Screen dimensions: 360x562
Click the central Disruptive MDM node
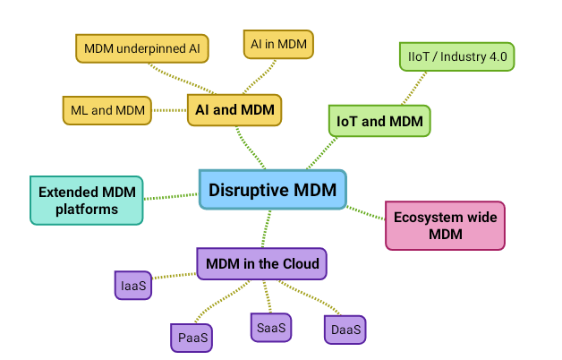coord(272,189)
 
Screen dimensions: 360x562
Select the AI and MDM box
coord(234,110)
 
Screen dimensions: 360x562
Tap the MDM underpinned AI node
coord(141,47)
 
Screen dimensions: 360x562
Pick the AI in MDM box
coord(277,44)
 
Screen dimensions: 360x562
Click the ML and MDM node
coord(106,110)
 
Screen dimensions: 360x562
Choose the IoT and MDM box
coord(379,120)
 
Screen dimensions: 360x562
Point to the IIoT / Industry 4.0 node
coord(456,56)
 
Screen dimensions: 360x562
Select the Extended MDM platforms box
coord(86,200)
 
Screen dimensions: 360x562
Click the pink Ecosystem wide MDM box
coord(445,225)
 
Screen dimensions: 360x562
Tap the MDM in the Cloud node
coord(261,263)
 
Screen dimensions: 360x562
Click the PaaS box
coord(191,338)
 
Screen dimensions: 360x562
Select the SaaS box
coord(270,328)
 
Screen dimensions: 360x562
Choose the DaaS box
coord(345,330)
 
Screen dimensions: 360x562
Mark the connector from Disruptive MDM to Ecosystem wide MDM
coord(365,212)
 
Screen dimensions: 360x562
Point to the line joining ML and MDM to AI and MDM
coord(169,110)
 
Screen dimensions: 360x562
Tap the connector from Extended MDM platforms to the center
coord(170,195)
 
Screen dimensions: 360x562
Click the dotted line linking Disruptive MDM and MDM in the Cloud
coord(266,227)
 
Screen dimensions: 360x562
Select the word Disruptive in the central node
coord(243,189)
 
